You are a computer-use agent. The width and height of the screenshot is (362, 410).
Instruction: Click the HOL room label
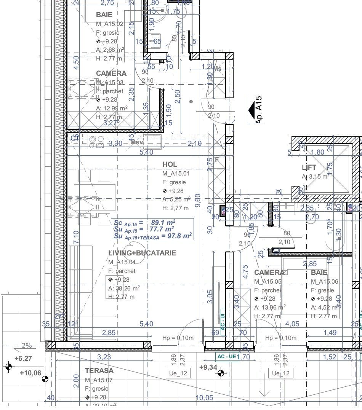click(170, 164)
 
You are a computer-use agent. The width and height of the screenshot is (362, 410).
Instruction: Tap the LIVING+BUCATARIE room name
click(142, 253)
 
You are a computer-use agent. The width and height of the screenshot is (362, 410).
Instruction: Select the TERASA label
click(99, 370)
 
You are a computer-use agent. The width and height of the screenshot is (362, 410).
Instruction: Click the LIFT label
click(309, 168)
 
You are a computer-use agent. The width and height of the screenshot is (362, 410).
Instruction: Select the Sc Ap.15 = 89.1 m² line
click(144, 223)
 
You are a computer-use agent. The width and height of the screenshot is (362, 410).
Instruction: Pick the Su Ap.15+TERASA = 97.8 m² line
click(152, 236)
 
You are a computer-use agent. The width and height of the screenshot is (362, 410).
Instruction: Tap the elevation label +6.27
click(23, 358)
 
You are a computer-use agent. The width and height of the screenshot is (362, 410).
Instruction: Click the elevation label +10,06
click(30, 373)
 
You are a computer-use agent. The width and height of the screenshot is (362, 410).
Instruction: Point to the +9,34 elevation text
click(208, 367)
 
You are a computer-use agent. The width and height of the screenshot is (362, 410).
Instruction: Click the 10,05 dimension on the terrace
click(204, 398)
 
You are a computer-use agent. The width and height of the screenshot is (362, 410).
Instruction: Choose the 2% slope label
click(27, 346)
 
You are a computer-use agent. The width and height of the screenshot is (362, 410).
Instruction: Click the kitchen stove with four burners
click(96, 142)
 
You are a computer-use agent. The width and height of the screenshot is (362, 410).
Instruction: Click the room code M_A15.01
click(176, 174)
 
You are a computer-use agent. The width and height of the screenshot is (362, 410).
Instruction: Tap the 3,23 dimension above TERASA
click(104, 357)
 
